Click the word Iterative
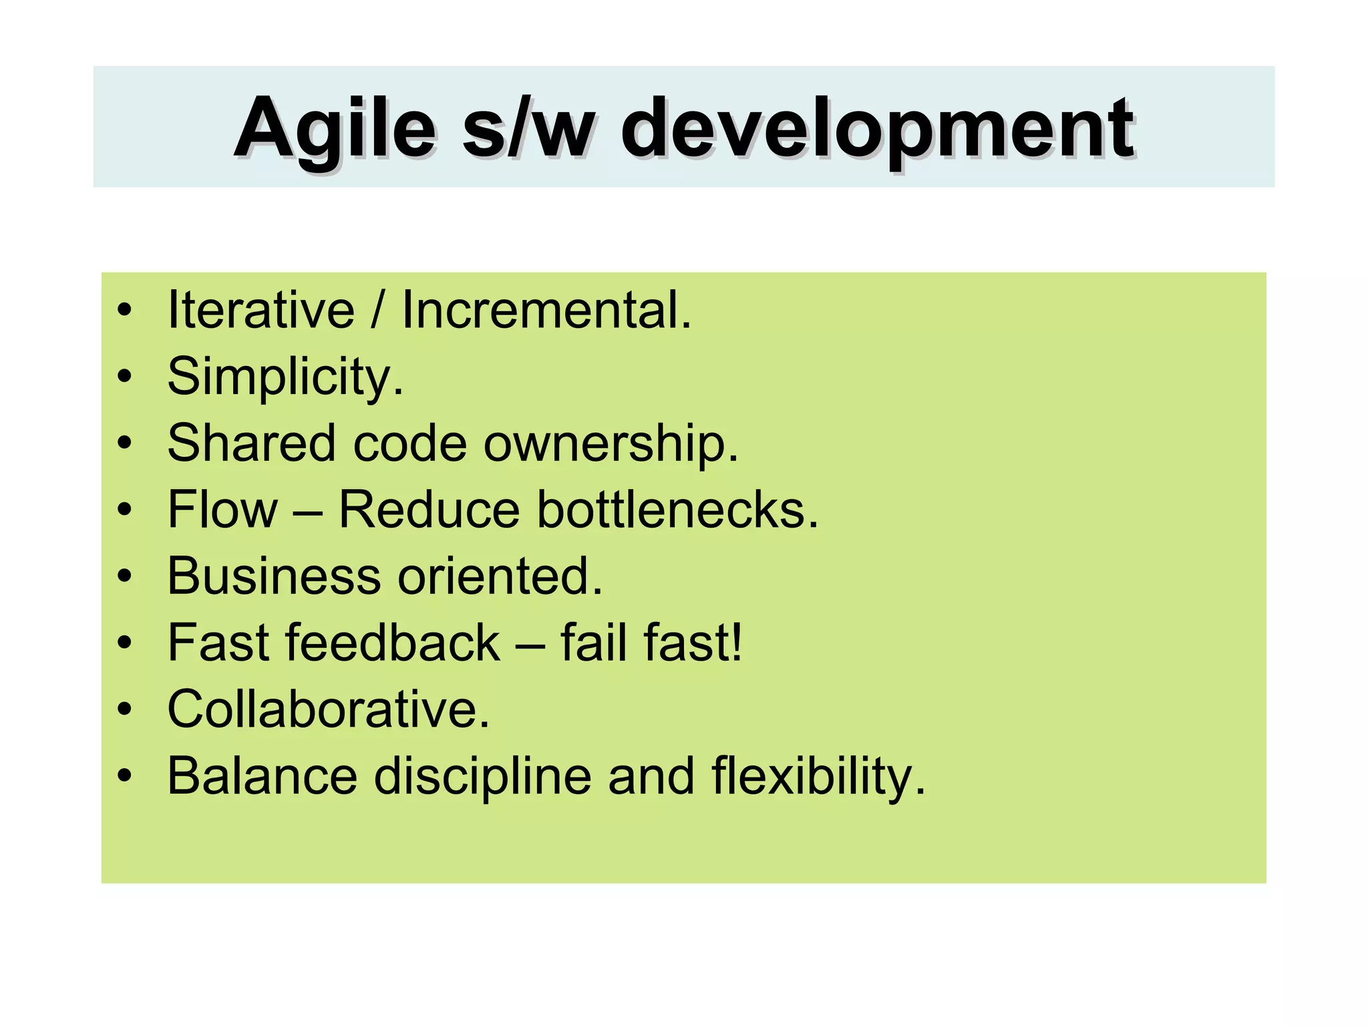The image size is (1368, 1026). (261, 311)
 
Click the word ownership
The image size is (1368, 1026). (611, 444)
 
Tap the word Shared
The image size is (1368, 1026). (251, 443)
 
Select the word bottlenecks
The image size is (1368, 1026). (677, 510)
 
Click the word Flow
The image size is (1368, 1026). (222, 510)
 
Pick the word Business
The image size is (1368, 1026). (273, 576)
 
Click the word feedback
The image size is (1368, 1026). (393, 643)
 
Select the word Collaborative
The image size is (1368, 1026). (328, 709)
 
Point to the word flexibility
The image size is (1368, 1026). (818, 777)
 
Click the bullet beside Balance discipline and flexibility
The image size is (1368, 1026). (124, 777)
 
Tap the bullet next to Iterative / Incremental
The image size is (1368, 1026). (124, 311)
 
